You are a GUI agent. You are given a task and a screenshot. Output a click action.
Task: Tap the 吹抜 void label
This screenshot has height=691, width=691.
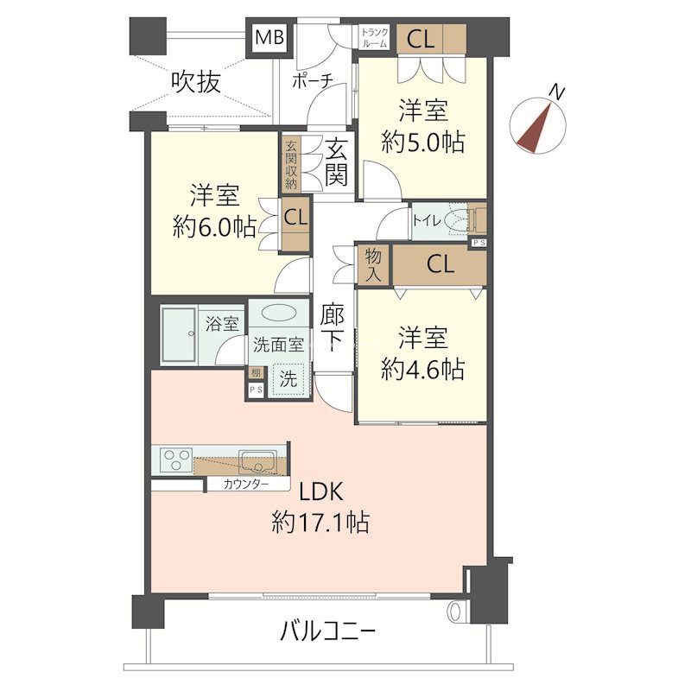pos(195,82)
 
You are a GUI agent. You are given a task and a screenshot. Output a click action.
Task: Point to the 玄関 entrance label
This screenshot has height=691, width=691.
pos(337,162)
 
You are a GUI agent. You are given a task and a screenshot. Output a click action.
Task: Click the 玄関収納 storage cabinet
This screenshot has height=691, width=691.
pos(290,163)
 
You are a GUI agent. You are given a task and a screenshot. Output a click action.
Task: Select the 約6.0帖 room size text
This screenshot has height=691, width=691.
pos(214,226)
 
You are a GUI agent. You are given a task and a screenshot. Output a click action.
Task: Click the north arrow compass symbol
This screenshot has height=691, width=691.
pos(539,122)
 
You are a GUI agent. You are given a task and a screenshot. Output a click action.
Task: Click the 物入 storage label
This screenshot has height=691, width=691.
pos(374,263)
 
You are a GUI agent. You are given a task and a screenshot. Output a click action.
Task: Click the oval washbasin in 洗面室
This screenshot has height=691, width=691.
pos(278,314)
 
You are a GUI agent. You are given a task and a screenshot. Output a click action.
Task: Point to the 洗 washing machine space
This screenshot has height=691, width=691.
pos(289,377)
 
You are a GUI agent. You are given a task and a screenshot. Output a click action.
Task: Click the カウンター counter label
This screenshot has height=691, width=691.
pos(245,484)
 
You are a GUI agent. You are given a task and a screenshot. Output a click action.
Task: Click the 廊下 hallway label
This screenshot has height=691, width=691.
pos(333,327)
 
